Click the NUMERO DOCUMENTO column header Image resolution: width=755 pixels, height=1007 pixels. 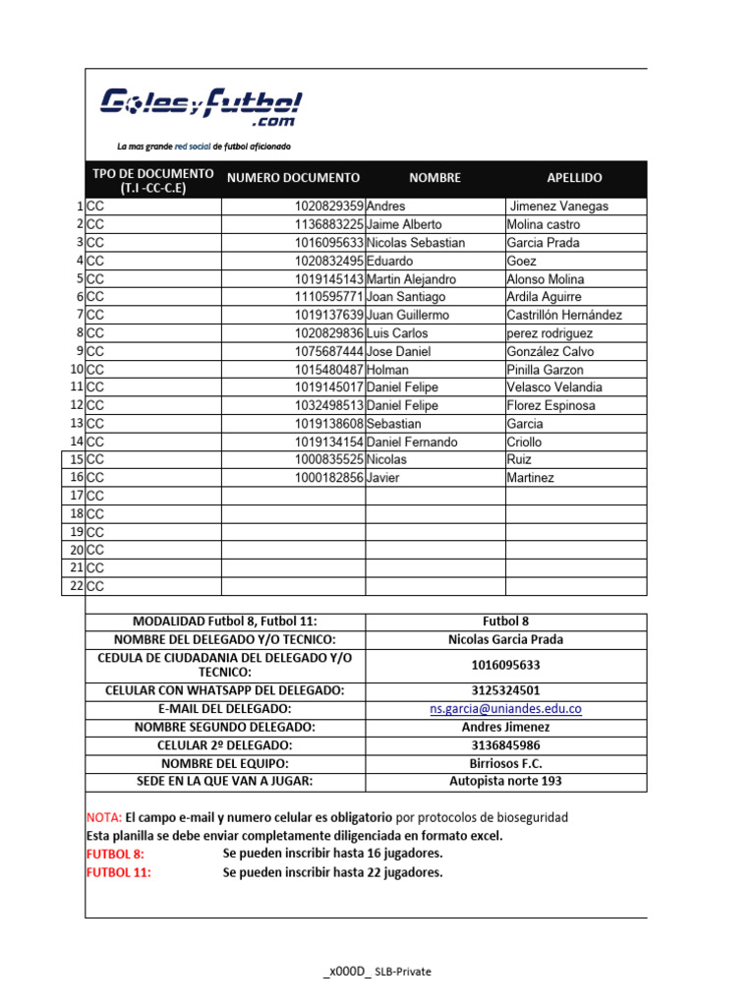293,178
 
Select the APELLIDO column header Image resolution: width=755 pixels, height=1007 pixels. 574,178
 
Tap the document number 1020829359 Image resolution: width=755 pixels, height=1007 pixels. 328,207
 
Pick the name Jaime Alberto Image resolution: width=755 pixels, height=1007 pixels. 404,224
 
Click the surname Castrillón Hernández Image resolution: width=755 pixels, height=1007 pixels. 564,315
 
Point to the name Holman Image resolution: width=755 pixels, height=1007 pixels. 388,370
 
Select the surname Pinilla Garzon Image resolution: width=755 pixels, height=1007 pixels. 545,370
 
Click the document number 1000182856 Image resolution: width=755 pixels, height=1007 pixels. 328,478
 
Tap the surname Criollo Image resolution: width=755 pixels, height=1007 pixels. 524,443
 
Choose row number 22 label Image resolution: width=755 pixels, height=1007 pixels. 76,586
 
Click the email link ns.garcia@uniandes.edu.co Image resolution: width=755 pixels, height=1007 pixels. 505,709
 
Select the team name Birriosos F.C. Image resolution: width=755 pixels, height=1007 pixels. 505,764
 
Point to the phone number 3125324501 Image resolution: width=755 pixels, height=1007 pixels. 505,690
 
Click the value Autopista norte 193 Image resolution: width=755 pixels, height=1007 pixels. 505,782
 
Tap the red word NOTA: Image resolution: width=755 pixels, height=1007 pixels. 103,818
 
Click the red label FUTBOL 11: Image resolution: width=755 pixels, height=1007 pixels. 119,872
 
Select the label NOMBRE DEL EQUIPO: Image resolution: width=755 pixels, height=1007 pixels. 225,764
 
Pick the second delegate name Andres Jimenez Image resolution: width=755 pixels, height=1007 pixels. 505,728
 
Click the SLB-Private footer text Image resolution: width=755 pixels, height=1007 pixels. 400,972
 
